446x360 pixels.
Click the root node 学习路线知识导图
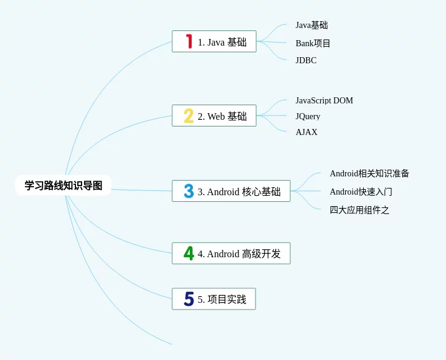pyautogui.click(x=63, y=185)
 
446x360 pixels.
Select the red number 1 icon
pyautogui.click(x=189, y=41)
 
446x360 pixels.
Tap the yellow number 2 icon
pyautogui.click(x=189, y=116)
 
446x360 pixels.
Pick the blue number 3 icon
pyautogui.click(x=189, y=191)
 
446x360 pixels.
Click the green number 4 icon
pyautogui.click(x=189, y=254)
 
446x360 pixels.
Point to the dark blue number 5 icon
pyautogui.click(x=189, y=299)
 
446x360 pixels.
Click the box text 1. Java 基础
pyautogui.click(x=222, y=42)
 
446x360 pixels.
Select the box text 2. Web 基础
pyautogui.click(x=222, y=116)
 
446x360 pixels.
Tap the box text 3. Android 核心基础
pyautogui.click(x=239, y=192)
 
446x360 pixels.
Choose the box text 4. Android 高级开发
pyautogui.click(x=239, y=254)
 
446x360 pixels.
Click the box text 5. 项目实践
pyautogui.click(x=222, y=299)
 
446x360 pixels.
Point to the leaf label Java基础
pyautogui.click(x=312, y=25)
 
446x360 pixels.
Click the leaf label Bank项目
pyautogui.click(x=313, y=43)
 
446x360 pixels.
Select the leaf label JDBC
pyautogui.click(x=306, y=60)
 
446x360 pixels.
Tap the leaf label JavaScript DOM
pyautogui.click(x=324, y=100)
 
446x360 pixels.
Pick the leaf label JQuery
pyautogui.click(x=308, y=116)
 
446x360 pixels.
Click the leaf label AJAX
pyautogui.click(x=307, y=132)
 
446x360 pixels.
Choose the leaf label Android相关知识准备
pyautogui.click(x=369, y=173)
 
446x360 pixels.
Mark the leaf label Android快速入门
pyautogui.click(x=361, y=192)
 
